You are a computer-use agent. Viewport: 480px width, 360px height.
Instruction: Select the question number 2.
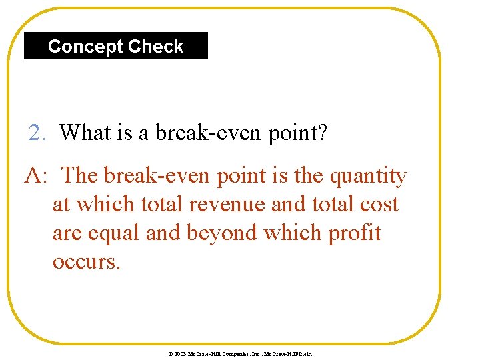point(37,133)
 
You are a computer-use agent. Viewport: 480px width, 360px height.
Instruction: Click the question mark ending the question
point(321,133)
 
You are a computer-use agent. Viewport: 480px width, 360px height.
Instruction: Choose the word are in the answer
point(67,233)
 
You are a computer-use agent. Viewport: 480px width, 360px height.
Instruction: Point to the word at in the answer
point(61,205)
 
